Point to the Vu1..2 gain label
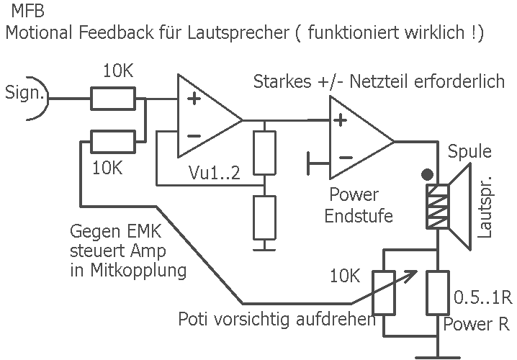click(215, 173)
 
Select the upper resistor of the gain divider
click(265, 153)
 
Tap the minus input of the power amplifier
click(345, 157)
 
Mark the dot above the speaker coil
click(427, 174)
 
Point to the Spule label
click(469, 153)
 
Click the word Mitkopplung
click(129, 271)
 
